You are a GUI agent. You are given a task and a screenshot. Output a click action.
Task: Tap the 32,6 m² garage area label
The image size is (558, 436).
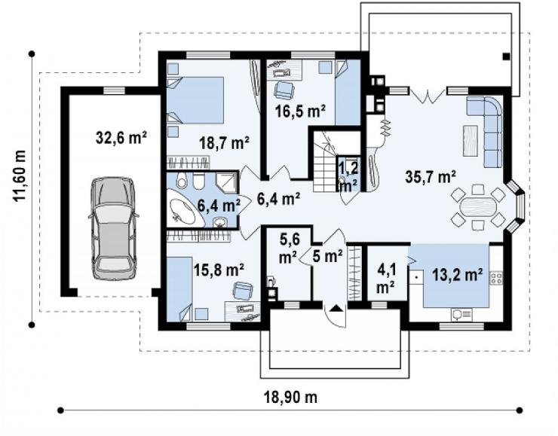tap(121, 138)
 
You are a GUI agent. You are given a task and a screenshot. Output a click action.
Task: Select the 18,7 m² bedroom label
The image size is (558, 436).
tap(224, 143)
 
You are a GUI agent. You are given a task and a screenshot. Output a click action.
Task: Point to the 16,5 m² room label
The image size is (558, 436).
tap(300, 111)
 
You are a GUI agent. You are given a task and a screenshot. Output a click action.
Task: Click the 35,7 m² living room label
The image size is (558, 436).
tap(431, 177)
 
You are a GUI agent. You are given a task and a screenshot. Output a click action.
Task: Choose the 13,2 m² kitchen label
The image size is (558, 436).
tap(457, 275)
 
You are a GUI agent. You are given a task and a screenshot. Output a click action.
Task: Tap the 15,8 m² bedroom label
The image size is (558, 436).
tap(219, 270)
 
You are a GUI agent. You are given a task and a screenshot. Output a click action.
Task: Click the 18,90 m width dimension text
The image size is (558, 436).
tap(291, 397)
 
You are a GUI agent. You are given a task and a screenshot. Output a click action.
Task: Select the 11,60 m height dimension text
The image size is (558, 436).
tap(20, 175)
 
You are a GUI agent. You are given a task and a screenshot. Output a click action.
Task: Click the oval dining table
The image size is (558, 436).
tap(477, 207)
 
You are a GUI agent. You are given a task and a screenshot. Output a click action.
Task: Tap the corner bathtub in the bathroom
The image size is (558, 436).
tap(184, 209)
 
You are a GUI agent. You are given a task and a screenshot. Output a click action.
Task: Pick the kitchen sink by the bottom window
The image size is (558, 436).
tap(461, 314)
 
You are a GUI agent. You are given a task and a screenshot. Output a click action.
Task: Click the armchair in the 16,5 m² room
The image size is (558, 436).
tap(284, 90)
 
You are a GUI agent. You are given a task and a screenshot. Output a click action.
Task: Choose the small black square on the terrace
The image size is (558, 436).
tap(506, 56)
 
